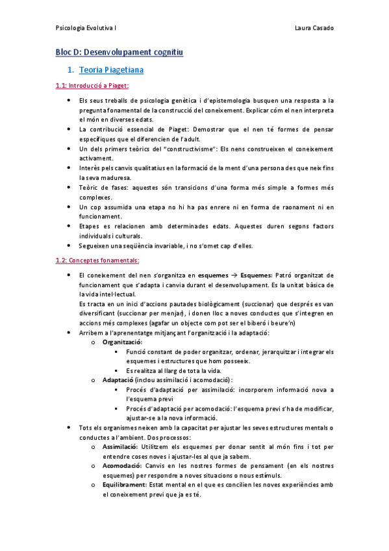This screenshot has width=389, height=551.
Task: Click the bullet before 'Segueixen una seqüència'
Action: [x=69, y=245]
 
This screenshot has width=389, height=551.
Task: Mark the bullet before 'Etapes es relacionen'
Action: [x=69, y=225]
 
